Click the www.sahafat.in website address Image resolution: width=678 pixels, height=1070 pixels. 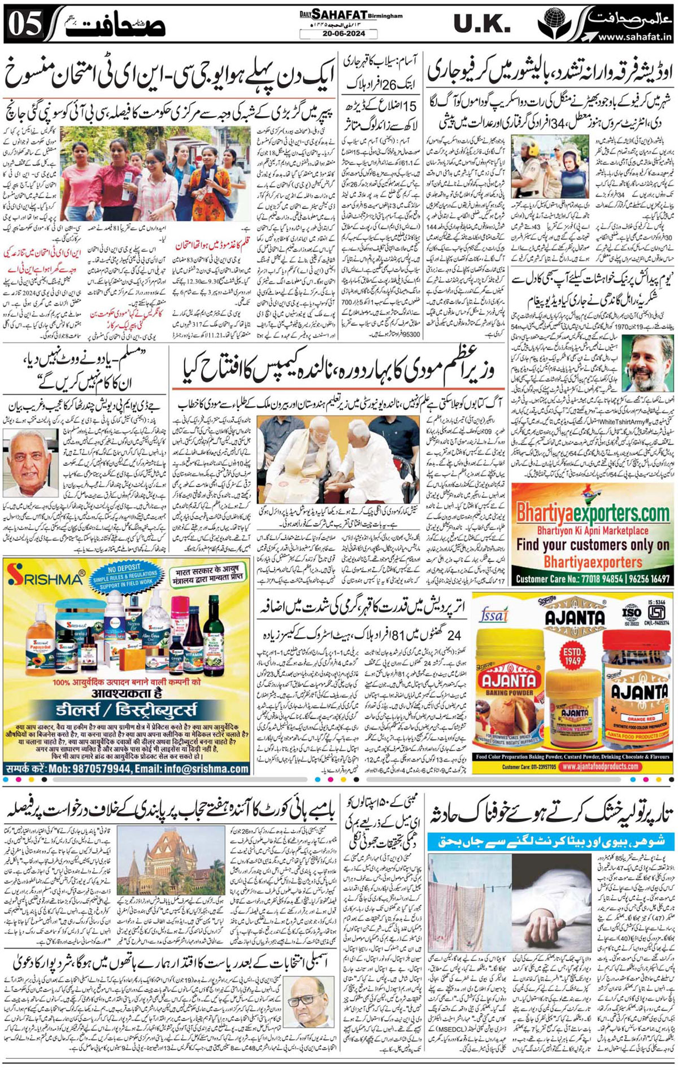click(634, 37)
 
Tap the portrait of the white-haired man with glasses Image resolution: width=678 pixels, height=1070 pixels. click(28, 462)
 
